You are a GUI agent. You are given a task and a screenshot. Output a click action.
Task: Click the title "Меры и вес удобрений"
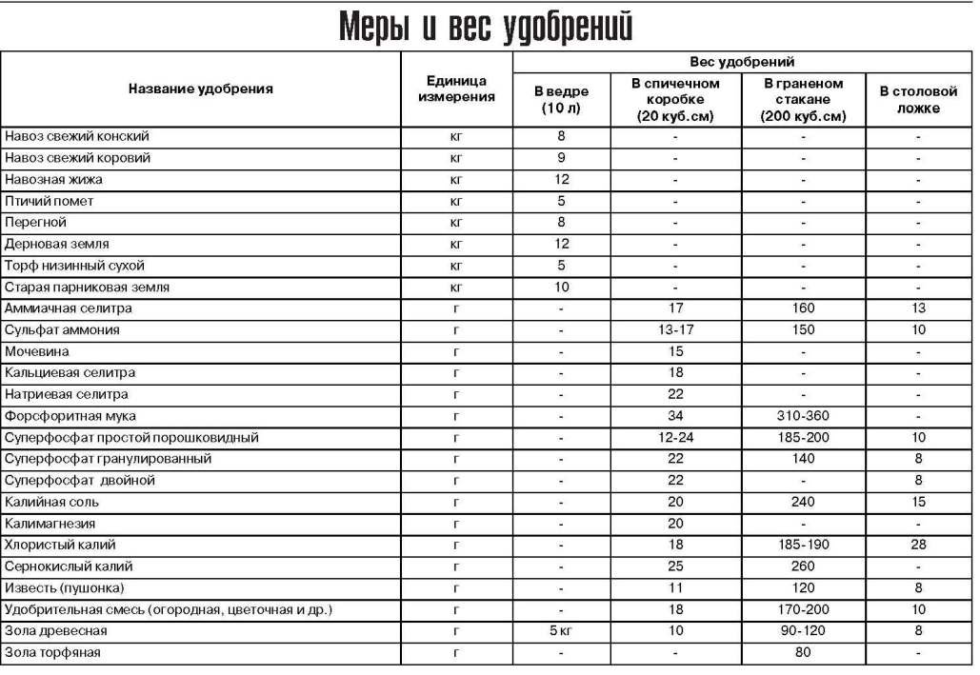coord(486,27)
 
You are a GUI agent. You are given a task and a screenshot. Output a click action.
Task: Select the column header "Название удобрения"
coord(201,89)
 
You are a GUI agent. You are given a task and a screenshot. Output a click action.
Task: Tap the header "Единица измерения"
coord(455,89)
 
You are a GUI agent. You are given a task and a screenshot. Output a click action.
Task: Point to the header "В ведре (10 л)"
coord(561,99)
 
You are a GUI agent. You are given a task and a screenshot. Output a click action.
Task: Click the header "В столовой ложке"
coord(917,99)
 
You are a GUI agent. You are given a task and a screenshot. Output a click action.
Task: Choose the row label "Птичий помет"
coord(50,201)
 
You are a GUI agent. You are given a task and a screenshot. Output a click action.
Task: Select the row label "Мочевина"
coord(37,351)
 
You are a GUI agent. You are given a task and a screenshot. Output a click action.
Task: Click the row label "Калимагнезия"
coord(50,524)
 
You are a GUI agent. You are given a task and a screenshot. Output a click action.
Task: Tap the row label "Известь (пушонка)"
coord(64,587)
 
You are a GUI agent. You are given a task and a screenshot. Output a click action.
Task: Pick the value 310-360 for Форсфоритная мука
coord(803,416)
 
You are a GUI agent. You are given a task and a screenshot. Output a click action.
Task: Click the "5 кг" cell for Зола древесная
coord(561,631)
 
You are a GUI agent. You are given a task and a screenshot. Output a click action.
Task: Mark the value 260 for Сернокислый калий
coord(803,566)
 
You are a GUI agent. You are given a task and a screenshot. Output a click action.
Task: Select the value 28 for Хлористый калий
coord(917,545)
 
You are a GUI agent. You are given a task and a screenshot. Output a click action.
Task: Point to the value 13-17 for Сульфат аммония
coord(675,330)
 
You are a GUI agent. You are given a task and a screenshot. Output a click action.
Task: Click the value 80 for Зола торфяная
coord(803,653)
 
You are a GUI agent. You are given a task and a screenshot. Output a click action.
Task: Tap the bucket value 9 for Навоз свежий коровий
coord(561,158)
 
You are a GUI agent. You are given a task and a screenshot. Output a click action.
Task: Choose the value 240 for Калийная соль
coord(803,502)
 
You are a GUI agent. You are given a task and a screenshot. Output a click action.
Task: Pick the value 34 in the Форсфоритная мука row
coord(675,416)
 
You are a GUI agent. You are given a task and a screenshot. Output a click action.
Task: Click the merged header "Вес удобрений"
coord(743,62)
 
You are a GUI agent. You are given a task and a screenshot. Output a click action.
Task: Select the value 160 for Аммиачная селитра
coord(803,308)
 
